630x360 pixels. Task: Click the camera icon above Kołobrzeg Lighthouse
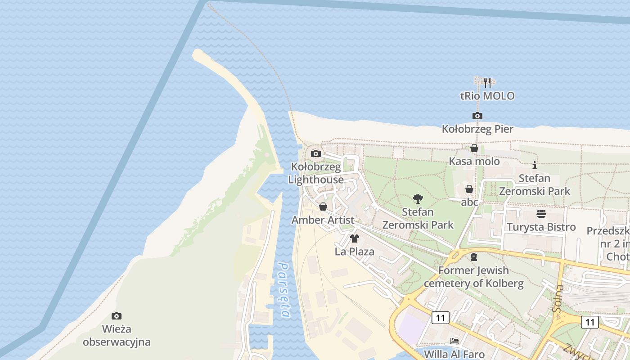(316, 153)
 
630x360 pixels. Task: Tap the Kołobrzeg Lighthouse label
(316, 173)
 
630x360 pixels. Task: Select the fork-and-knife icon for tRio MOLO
(487, 82)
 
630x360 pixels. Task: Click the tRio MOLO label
(487, 96)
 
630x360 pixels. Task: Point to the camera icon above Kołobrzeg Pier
(477, 116)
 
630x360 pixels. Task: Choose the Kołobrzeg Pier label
(477, 129)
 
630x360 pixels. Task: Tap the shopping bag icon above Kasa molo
(474, 148)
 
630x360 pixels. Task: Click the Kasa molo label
(474, 162)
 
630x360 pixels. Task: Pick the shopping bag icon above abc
(469, 189)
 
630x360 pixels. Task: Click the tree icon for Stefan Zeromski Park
(418, 198)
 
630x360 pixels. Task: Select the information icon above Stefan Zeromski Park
(535, 165)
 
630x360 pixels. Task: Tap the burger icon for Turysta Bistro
(541, 214)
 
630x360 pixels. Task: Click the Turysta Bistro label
(541, 227)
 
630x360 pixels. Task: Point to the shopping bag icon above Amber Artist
(323, 207)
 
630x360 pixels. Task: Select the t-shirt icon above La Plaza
(355, 238)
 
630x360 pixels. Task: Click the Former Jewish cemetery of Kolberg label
(473, 277)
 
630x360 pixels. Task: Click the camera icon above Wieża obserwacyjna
(117, 316)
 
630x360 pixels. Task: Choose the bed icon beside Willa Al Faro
(454, 341)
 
